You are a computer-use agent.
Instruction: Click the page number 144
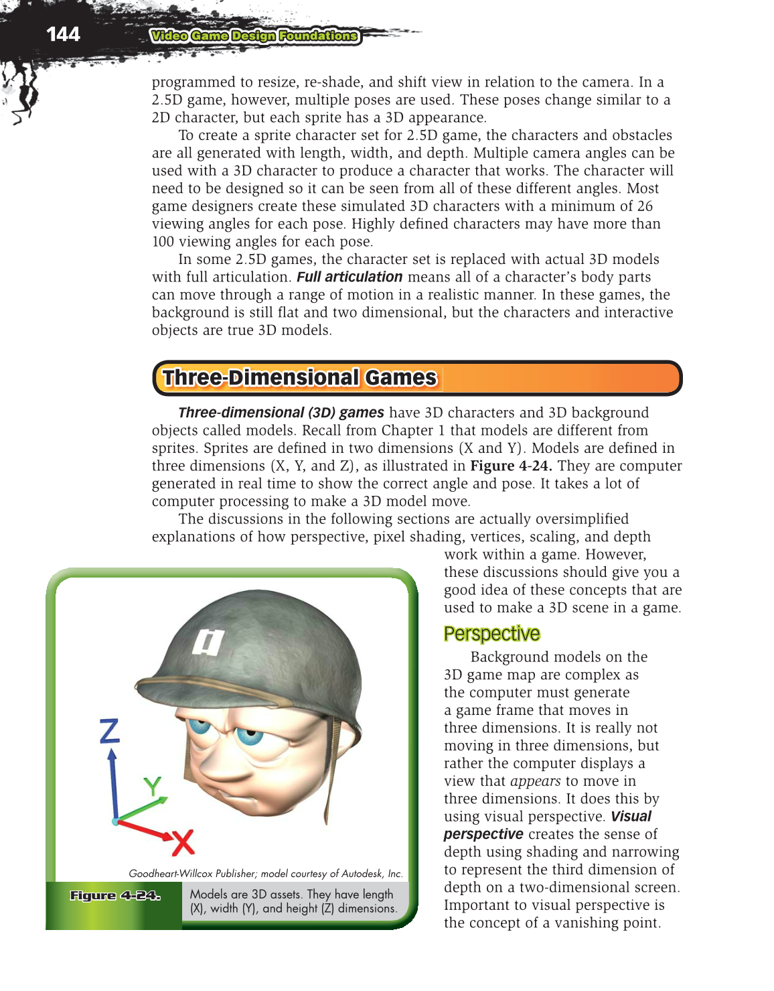tap(63, 34)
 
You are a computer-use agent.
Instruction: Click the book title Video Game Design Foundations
tap(254, 36)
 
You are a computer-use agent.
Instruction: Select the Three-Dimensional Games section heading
tap(299, 378)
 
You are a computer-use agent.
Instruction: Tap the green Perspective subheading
tap(491, 634)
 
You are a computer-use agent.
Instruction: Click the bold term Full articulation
tap(350, 277)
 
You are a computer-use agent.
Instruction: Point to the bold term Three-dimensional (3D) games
tap(281, 413)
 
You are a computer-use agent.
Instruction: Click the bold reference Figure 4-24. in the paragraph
tap(511, 466)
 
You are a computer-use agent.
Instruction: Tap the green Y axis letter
tap(153, 786)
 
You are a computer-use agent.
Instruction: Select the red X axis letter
tap(182, 842)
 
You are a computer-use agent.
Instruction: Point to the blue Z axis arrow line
tap(114, 784)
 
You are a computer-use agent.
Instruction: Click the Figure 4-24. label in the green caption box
tap(115, 896)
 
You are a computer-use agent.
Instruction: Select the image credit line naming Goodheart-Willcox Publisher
tap(266, 873)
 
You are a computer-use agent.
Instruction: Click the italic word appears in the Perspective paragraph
tap(535, 781)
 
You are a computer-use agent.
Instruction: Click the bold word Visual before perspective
tap(631, 817)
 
